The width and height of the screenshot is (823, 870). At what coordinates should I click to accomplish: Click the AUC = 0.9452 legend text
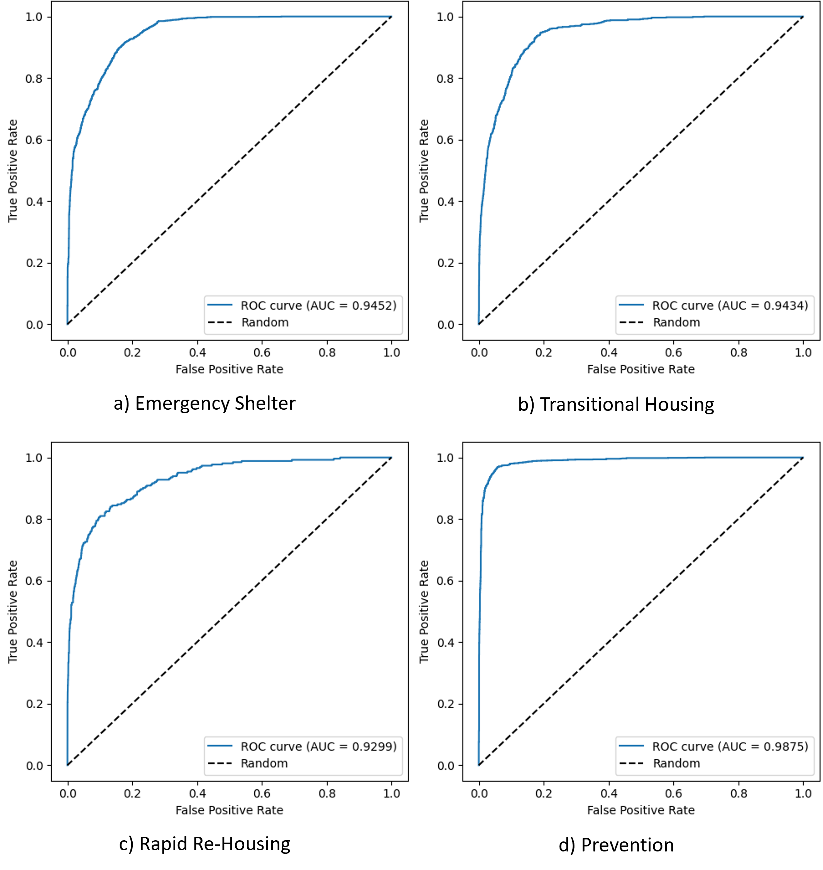point(318,305)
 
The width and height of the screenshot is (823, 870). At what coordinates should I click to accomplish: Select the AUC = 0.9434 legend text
point(730,305)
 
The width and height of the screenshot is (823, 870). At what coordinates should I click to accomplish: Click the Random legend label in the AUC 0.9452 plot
point(265,322)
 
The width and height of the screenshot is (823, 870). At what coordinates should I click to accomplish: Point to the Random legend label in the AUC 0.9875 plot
point(676,763)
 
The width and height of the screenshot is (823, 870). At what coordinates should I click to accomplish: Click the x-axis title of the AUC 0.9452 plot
point(229,369)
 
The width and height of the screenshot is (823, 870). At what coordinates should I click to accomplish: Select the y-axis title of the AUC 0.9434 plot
point(423,171)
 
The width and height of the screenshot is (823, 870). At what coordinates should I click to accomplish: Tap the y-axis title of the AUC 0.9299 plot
point(12,611)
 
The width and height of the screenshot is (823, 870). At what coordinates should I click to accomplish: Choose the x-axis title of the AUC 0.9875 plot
point(640,810)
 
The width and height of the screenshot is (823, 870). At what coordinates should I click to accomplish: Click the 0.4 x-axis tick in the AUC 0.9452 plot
point(198,353)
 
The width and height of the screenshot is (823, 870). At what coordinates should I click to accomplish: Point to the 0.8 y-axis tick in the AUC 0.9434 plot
point(445,78)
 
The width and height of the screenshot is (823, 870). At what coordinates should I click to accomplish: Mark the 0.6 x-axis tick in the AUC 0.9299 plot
point(262,793)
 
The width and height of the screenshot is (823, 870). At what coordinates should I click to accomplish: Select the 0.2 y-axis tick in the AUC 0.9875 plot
point(445,704)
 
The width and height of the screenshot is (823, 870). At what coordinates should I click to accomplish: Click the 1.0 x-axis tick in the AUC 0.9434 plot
point(803,353)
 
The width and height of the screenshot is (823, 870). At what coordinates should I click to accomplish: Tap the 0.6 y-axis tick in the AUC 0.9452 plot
point(34,140)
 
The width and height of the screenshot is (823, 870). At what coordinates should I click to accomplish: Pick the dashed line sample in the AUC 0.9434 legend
point(631,322)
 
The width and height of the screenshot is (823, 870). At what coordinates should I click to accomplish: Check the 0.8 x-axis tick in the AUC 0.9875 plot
point(739,793)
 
